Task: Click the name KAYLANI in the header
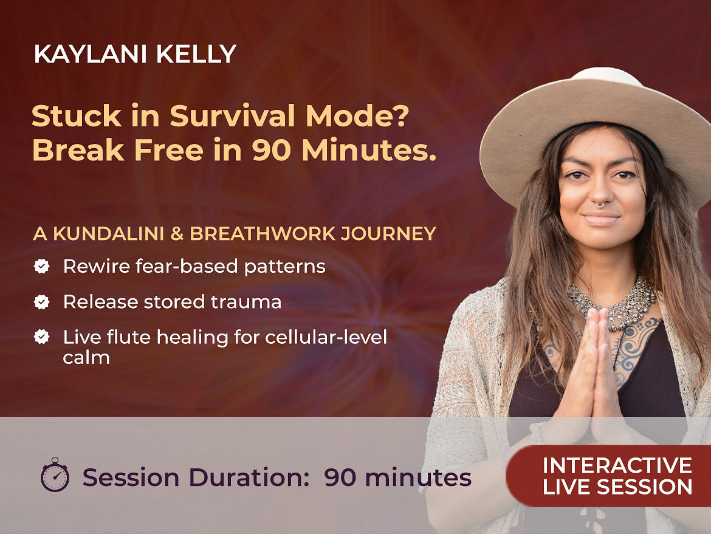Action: pos(90,55)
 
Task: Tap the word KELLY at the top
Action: pos(196,55)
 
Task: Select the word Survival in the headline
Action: pos(233,116)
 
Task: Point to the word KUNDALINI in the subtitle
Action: pos(108,233)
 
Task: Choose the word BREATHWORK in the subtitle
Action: pos(263,233)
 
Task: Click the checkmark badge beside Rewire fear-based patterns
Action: pos(42,266)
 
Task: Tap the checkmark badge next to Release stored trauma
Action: pos(42,301)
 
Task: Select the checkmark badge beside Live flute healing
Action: pos(42,337)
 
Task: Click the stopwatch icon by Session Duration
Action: pos(55,474)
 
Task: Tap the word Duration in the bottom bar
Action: pos(249,478)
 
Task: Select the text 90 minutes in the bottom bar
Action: pos(398,478)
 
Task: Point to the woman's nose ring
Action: pos(600,205)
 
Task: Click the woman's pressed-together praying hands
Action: pos(593,372)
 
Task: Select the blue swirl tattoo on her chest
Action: pos(637,344)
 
